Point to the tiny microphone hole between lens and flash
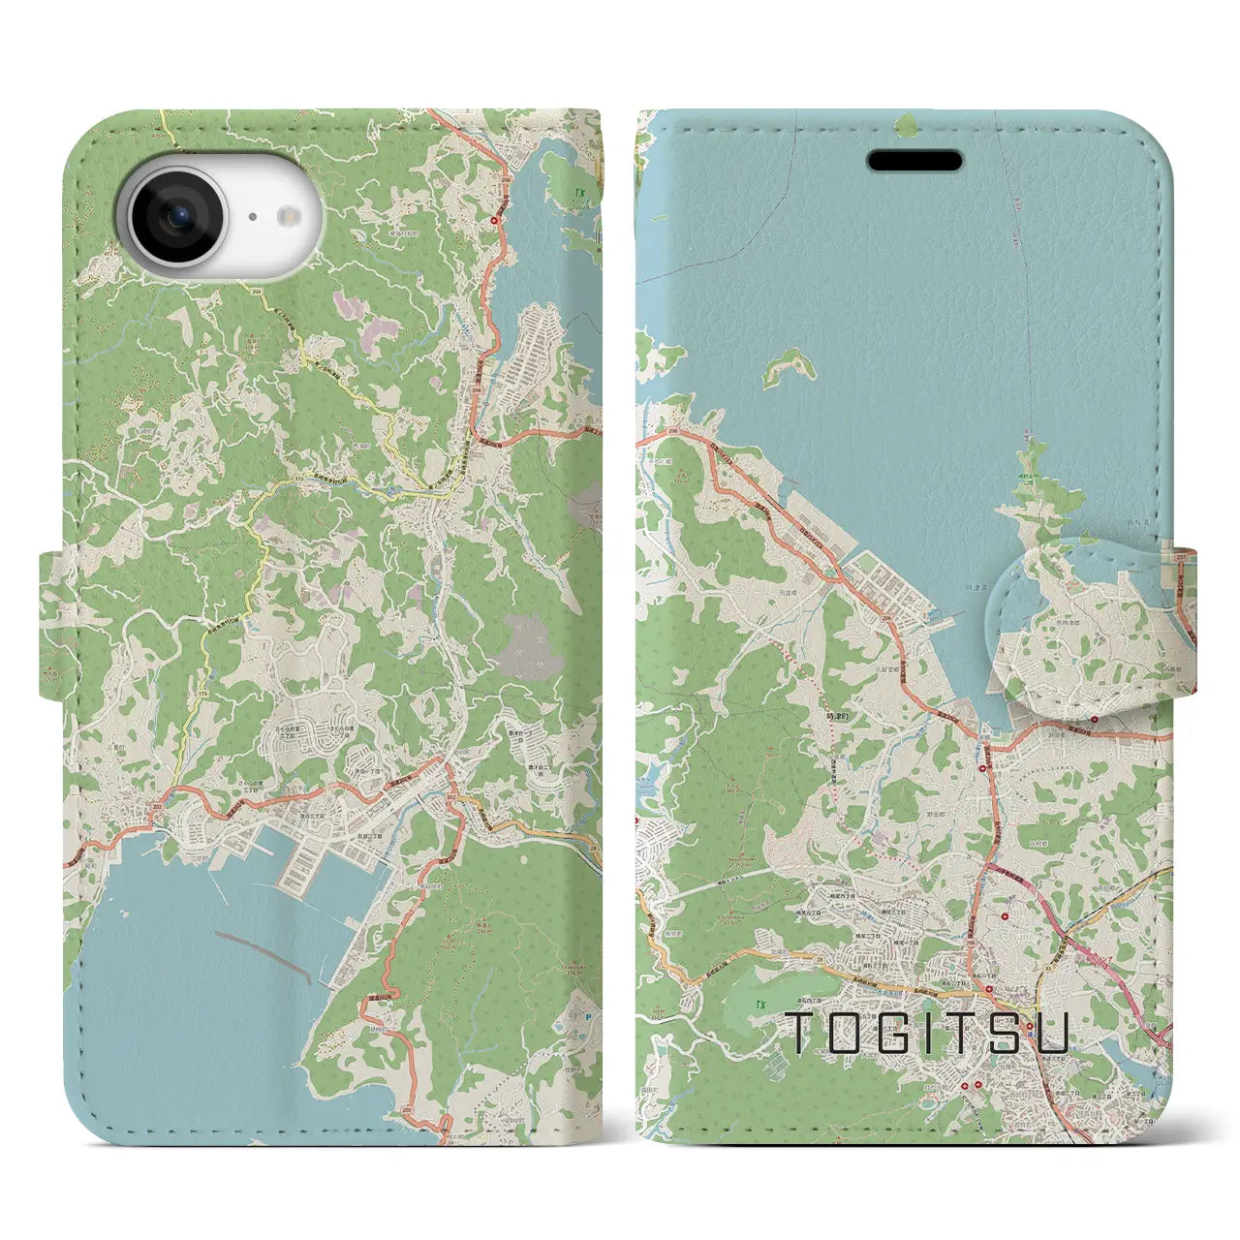[x=251, y=218]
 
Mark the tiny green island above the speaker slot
[x=906, y=124]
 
